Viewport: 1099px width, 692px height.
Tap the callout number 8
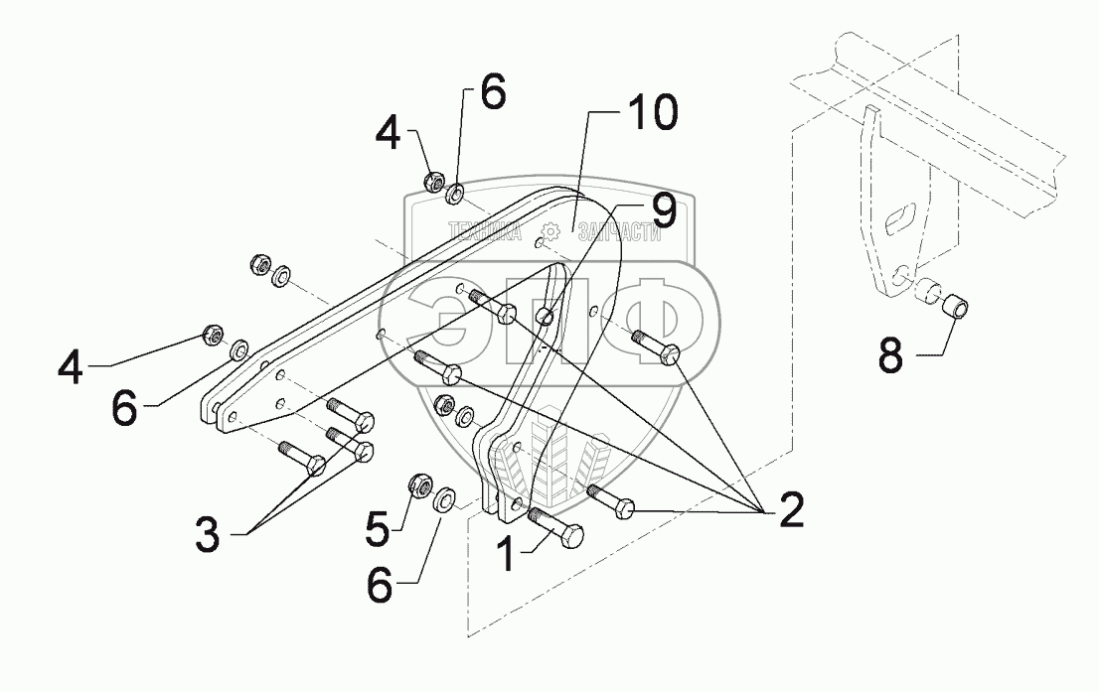pos(890,354)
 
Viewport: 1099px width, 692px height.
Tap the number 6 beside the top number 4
pos(492,95)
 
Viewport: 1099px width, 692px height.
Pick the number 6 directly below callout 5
pos(379,586)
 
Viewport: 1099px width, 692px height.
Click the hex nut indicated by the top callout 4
pos(433,182)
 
